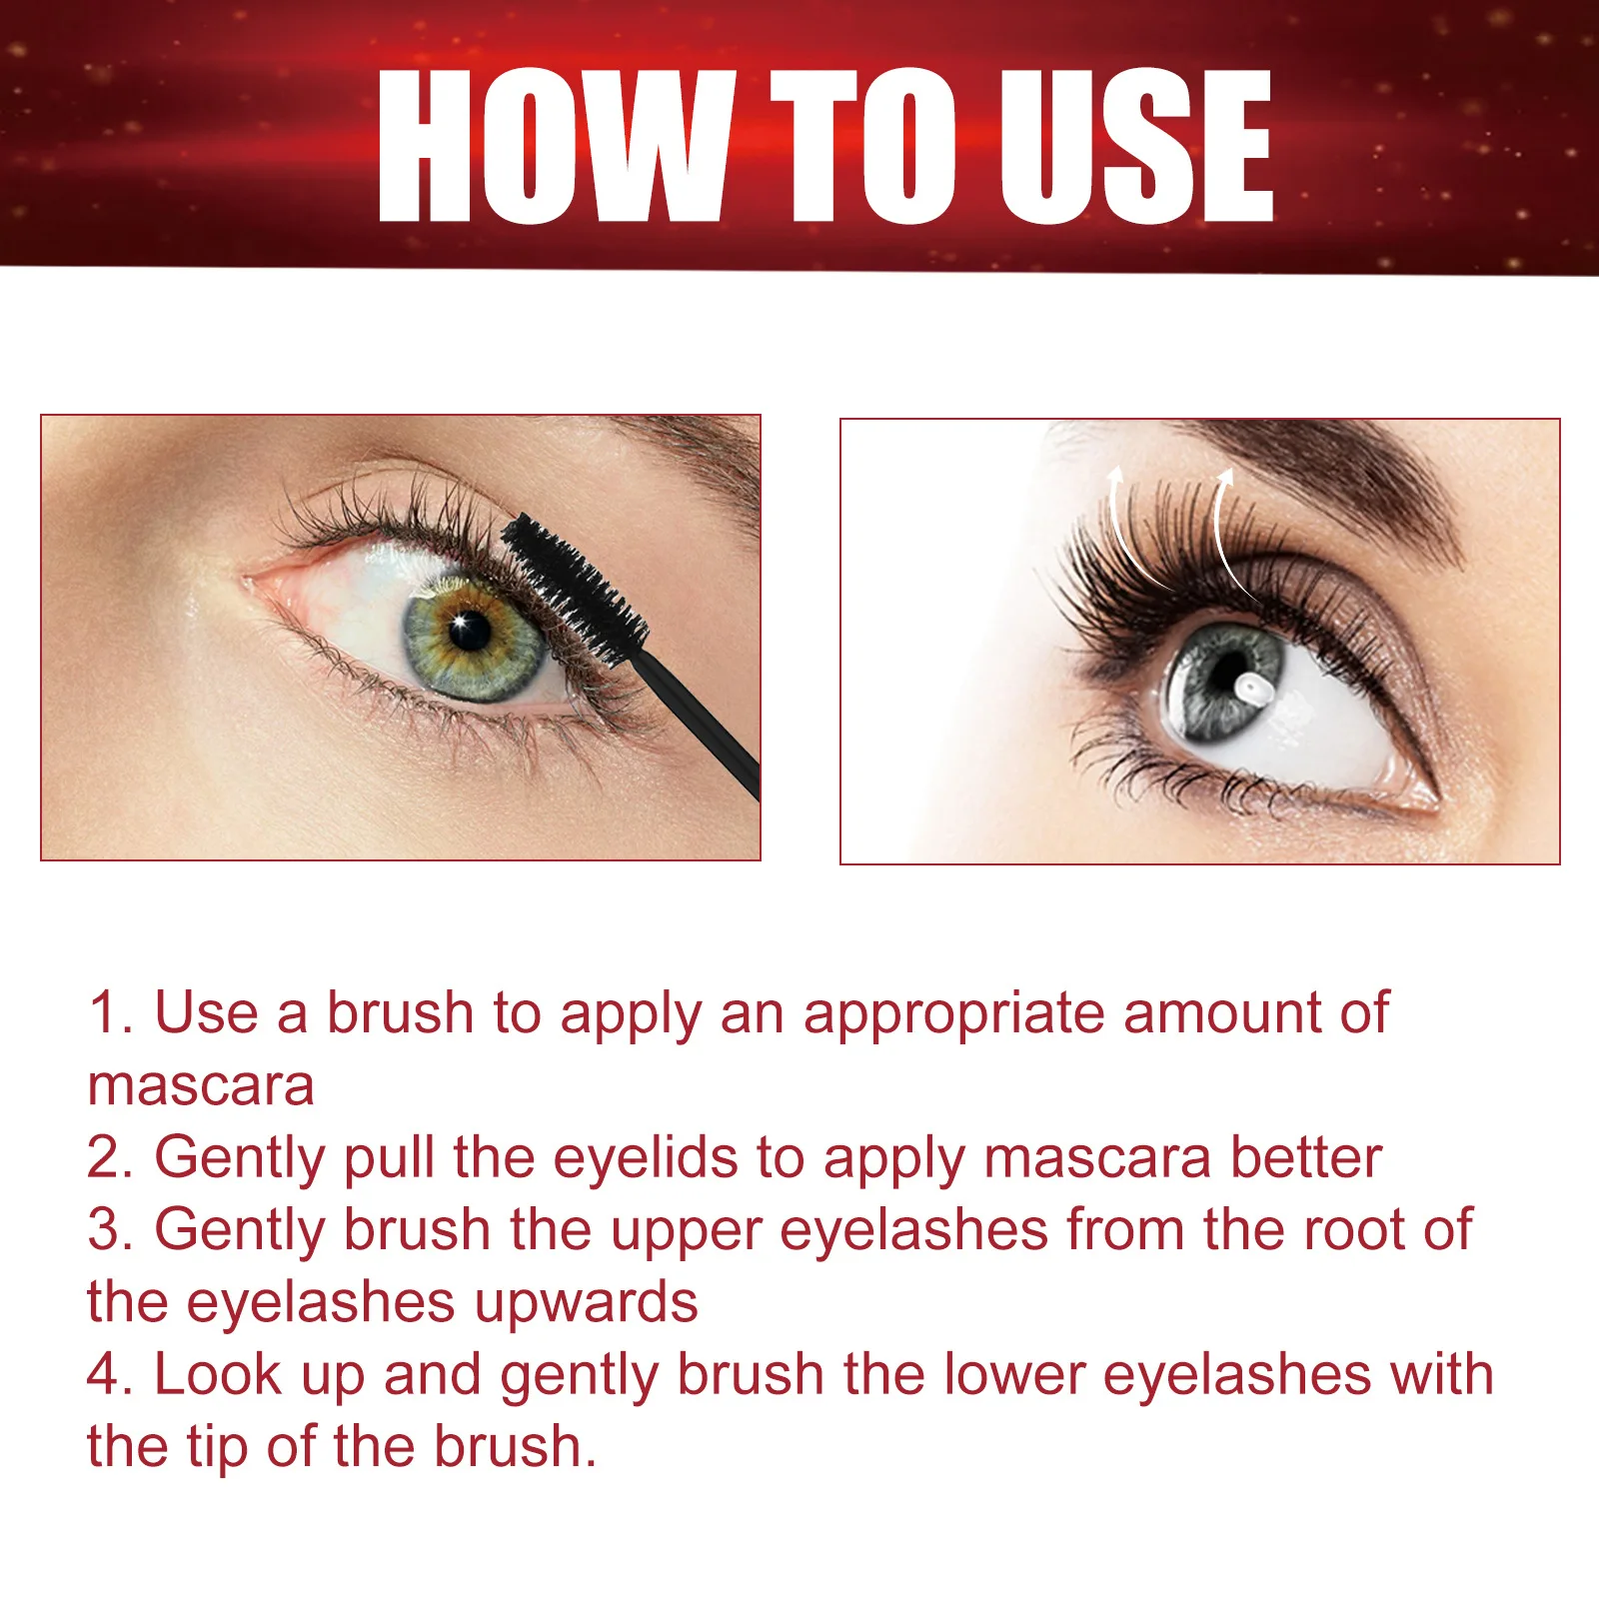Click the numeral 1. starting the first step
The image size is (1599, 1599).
(x=110, y=1013)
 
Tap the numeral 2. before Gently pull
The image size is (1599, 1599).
(x=110, y=1158)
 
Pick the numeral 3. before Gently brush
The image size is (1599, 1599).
(x=110, y=1230)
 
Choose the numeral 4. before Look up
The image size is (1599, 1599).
(x=110, y=1375)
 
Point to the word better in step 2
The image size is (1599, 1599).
(x=1305, y=1158)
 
